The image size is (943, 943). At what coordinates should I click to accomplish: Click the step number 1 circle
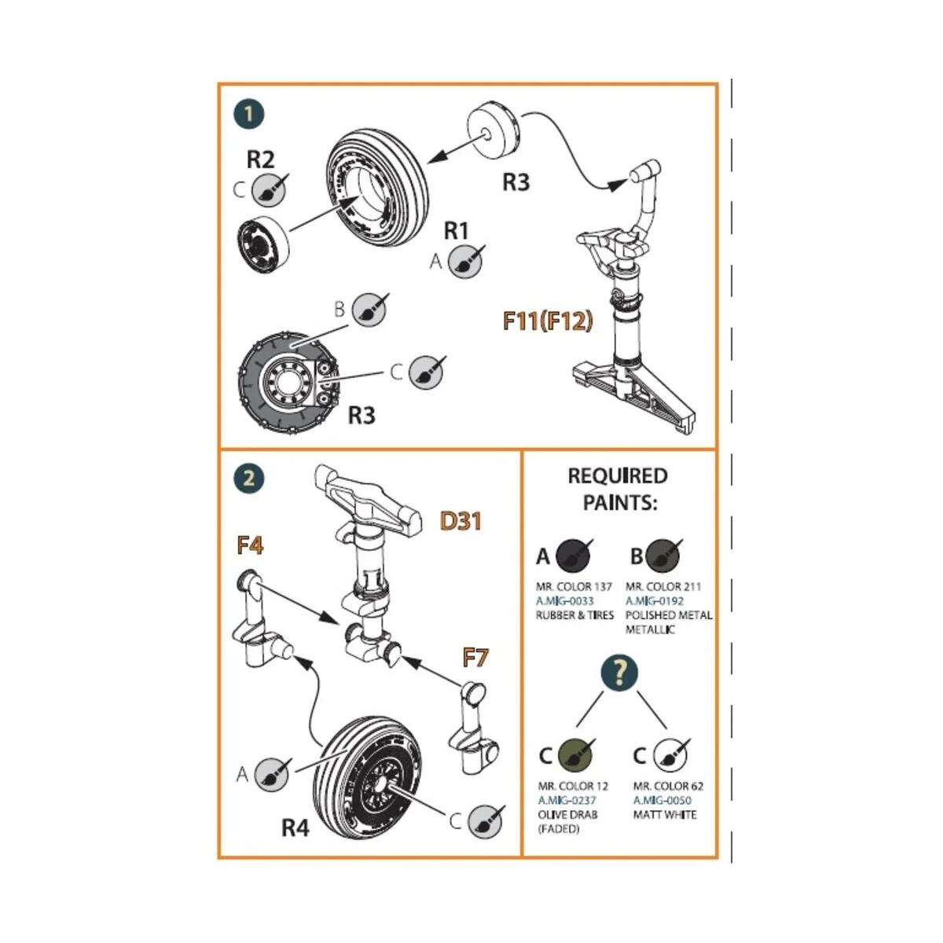tap(249, 114)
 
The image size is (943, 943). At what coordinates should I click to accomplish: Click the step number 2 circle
tap(249, 478)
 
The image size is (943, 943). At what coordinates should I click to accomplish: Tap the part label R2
tap(261, 160)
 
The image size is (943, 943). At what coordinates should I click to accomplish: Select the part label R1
tap(457, 230)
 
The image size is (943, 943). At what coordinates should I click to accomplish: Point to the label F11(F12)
tap(548, 321)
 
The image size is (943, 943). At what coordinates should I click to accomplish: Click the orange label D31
tap(460, 520)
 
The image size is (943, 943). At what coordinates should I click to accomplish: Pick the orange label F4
tap(250, 545)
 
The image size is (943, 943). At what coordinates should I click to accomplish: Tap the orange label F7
tap(475, 656)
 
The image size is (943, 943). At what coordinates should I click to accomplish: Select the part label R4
tap(295, 827)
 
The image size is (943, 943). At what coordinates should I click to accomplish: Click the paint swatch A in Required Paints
tap(573, 556)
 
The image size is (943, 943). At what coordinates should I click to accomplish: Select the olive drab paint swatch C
tap(575, 755)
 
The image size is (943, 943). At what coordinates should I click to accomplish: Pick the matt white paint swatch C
tap(670, 755)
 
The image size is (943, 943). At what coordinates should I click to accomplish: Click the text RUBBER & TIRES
tap(574, 615)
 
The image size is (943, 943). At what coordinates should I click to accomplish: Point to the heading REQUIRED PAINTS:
tap(618, 489)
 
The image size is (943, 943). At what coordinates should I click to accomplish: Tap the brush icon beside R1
tap(465, 261)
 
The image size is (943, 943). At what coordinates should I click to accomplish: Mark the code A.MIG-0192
tap(655, 601)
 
